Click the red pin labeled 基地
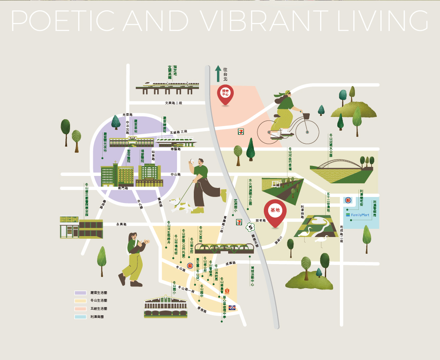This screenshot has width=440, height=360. point(275,212)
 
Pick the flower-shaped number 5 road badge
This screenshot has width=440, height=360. point(250,227)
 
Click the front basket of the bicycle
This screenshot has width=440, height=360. point(306,116)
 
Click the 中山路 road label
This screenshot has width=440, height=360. point(176,175)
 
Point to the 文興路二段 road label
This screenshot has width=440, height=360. point(174,103)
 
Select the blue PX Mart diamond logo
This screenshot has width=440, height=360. point(232,308)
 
